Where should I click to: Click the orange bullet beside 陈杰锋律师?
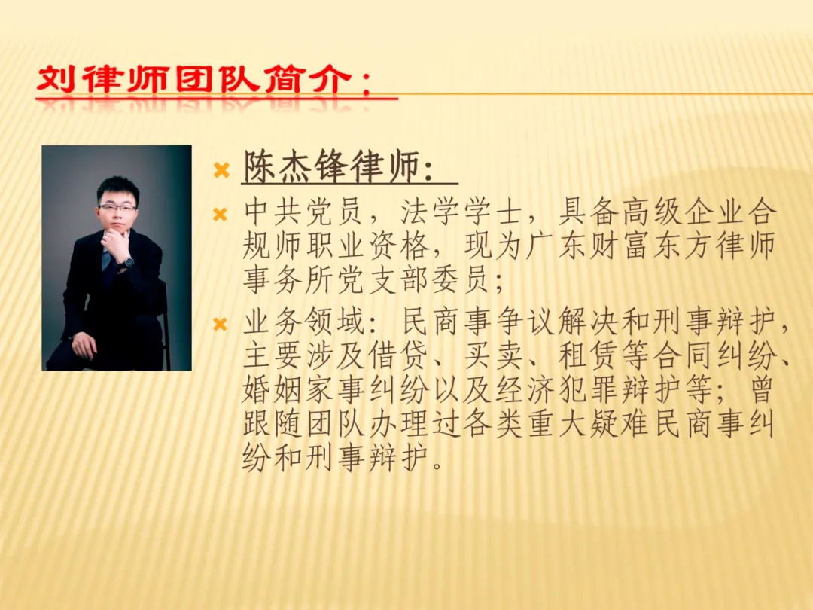[221, 169]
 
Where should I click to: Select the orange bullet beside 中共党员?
[221, 214]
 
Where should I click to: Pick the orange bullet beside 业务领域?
[221, 325]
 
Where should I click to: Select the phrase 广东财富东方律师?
[650, 246]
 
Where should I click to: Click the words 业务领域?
[303, 322]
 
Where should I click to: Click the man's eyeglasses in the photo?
[117, 208]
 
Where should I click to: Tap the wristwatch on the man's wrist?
[126, 263]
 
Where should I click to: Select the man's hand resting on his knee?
[84, 344]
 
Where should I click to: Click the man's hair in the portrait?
[117, 189]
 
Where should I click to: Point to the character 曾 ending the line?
[760, 389]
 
